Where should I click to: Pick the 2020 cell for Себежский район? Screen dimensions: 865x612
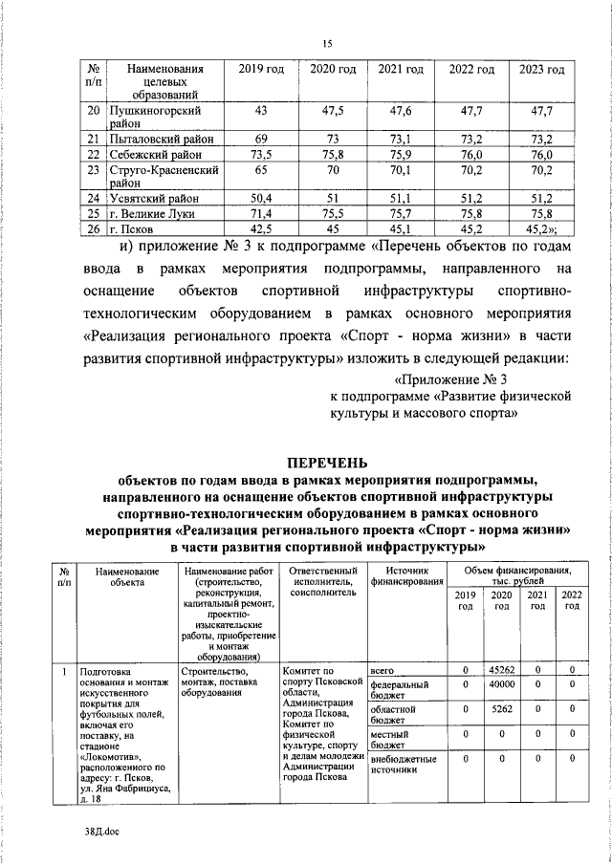327,155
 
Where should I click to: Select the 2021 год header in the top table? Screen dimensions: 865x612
401,70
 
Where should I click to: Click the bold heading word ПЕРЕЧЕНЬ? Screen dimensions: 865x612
327,462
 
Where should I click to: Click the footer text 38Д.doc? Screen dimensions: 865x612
99,833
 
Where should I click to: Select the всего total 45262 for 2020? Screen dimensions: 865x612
501,670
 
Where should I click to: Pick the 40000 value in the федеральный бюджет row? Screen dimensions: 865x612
501,685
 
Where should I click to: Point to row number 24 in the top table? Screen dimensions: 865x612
94,199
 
